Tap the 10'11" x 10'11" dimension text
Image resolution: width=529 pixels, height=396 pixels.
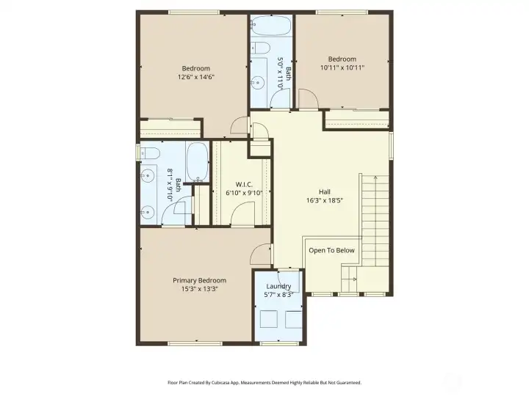[x=342, y=68]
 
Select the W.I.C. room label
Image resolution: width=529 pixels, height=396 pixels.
[x=245, y=184]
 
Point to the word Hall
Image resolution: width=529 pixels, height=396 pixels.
[x=324, y=191]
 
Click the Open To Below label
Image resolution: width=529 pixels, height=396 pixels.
[x=331, y=251]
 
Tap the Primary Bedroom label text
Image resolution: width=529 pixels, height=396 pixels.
[x=199, y=280]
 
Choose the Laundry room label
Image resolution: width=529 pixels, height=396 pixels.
[x=278, y=286]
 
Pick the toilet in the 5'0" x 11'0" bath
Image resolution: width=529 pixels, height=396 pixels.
[x=259, y=49]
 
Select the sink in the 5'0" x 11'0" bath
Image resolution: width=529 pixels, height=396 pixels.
[x=258, y=81]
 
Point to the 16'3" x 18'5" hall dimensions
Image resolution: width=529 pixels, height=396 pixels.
[x=325, y=200]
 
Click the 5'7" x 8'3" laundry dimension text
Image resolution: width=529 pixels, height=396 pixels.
[x=278, y=295]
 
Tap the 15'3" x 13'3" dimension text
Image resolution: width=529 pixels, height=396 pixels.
[x=199, y=289]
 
